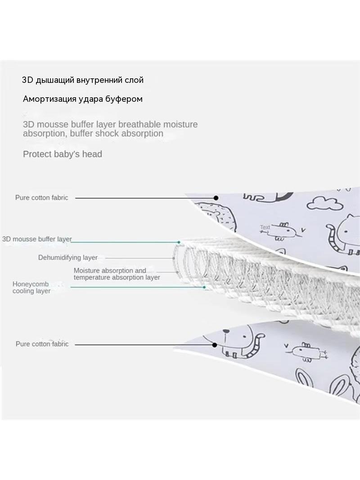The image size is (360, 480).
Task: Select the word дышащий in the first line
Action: pyautogui.click(x=55, y=80)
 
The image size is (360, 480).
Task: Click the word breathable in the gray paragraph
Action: pyautogui.click(x=139, y=124)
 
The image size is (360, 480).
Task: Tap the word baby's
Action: pyautogui.click(x=67, y=154)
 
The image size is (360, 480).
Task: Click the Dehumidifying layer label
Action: pyautogui.click(x=68, y=258)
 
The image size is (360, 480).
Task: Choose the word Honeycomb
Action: pyautogui.click(x=31, y=284)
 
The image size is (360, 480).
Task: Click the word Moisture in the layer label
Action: pyautogui.click(x=86, y=271)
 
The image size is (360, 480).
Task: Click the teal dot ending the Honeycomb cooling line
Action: pyautogui.click(x=204, y=287)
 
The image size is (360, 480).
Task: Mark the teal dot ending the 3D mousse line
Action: pyautogui.click(x=179, y=242)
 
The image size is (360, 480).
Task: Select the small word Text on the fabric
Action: pyautogui.click(x=265, y=227)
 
